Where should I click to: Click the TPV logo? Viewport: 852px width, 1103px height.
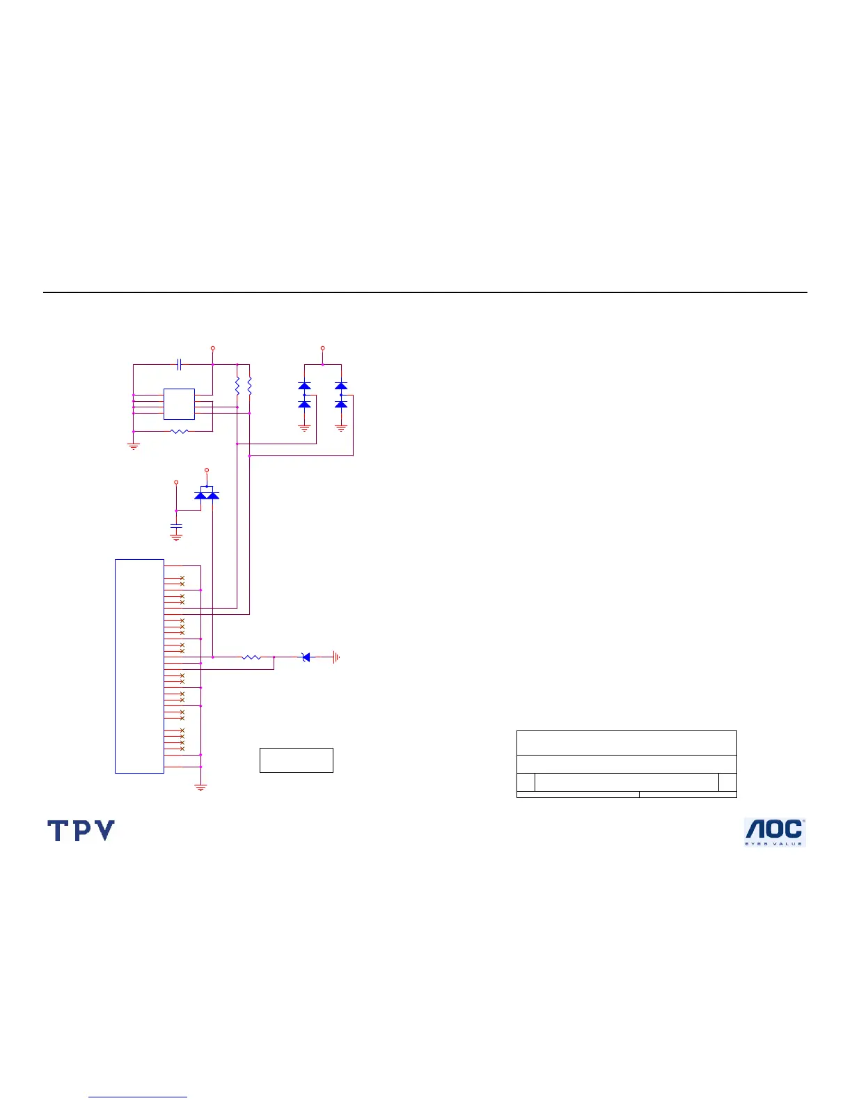pos(81,830)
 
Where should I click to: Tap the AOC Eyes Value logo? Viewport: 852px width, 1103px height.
pos(774,831)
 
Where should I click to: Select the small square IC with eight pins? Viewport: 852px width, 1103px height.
pos(179,404)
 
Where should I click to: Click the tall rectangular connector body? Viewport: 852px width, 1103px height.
pos(139,666)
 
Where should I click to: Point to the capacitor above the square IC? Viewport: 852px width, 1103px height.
pos(180,364)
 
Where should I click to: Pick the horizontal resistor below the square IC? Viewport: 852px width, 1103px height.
pos(180,432)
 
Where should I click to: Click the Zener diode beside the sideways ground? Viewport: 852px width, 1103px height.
pos(306,657)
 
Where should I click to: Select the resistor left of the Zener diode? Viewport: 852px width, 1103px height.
pos(251,657)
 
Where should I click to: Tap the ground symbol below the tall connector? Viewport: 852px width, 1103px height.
pos(200,787)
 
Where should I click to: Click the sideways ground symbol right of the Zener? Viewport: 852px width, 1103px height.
pos(336,657)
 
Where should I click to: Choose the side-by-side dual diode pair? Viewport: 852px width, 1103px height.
pos(207,494)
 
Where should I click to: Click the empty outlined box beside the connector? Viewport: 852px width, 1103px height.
pos(296,760)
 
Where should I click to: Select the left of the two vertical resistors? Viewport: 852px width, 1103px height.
pos(237,386)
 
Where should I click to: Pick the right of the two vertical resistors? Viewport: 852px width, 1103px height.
pos(249,386)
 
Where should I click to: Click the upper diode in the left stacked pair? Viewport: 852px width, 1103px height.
pos(304,386)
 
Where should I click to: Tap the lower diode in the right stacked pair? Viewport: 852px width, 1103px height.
pos(341,404)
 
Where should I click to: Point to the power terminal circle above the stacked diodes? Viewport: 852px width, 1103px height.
pos(322,347)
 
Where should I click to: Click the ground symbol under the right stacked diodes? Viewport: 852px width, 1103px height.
pos(341,428)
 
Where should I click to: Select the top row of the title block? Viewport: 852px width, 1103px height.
pos(626,742)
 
